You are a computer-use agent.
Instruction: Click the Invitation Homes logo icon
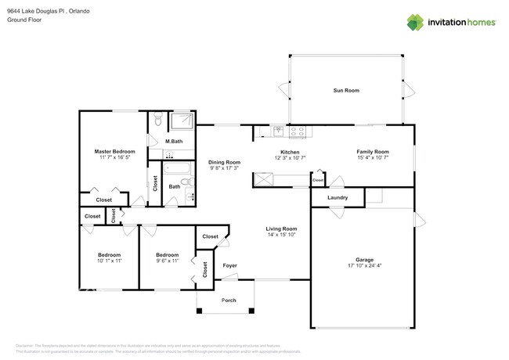(x=415, y=22)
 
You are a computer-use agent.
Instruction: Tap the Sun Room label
(x=346, y=91)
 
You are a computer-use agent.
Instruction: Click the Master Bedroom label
(x=114, y=151)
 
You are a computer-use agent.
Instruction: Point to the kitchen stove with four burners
(x=298, y=131)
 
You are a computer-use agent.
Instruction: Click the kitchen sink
(x=278, y=131)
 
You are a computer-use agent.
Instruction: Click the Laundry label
(x=338, y=198)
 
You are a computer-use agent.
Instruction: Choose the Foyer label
(x=229, y=265)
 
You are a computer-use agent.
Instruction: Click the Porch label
(x=229, y=301)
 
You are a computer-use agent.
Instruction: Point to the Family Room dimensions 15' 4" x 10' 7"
(x=373, y=158)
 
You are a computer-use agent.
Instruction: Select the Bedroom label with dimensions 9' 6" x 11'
(x=167, y=255)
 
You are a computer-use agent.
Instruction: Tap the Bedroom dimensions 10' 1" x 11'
(x=109, y=261)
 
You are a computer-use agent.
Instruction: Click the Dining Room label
(x=224, y=162)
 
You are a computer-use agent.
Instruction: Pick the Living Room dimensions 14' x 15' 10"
(x=280, y=235)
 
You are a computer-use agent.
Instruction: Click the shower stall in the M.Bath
(x=181, y=121)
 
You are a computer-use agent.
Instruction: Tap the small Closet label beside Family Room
(x=317, y=181)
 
